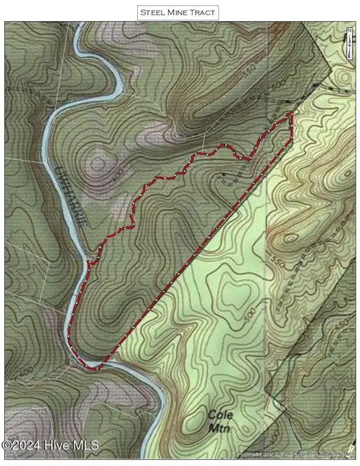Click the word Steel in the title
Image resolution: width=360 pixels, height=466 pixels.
coord(152,12)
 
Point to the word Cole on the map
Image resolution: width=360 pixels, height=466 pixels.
coord(217,415)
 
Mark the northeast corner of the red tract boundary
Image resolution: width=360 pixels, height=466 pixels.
coord(292,113)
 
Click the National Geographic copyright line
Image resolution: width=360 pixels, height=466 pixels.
coord(297,453)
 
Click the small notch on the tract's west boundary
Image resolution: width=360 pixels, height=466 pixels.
coord(90,263)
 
